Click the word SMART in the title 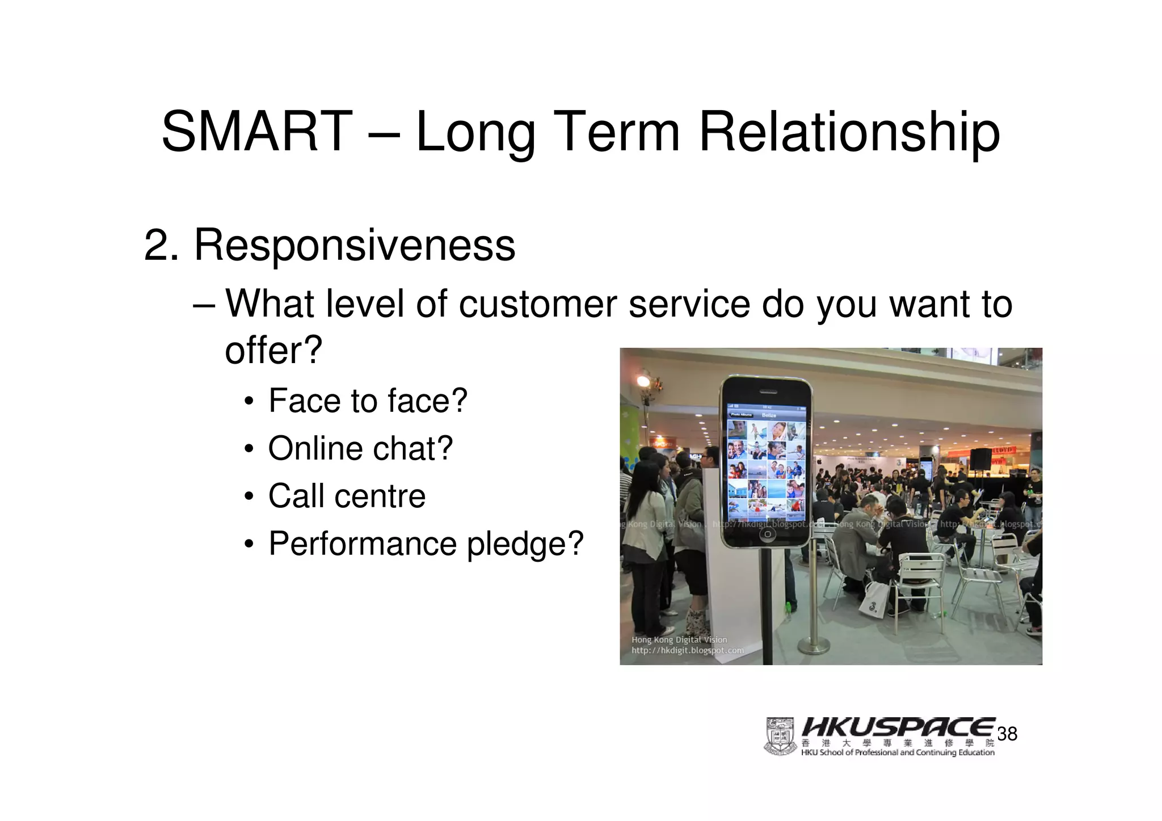click(256, 132)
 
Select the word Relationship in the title click(849, 132)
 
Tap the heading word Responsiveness click(355, 245)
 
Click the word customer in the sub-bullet click(537, 304)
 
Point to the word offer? click(273, 350)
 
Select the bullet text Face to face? click(368, 401)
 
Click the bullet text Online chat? click(360, 448)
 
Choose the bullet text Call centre click(347, 496)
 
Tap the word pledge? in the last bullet click(525, 544)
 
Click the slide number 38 click(1007, 734)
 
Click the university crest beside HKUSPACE click(780, 736)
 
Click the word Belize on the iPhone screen click(769, 415)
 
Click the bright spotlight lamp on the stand click(645, 381)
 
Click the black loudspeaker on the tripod click(980, 458)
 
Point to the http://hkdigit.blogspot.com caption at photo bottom click(687, 650)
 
